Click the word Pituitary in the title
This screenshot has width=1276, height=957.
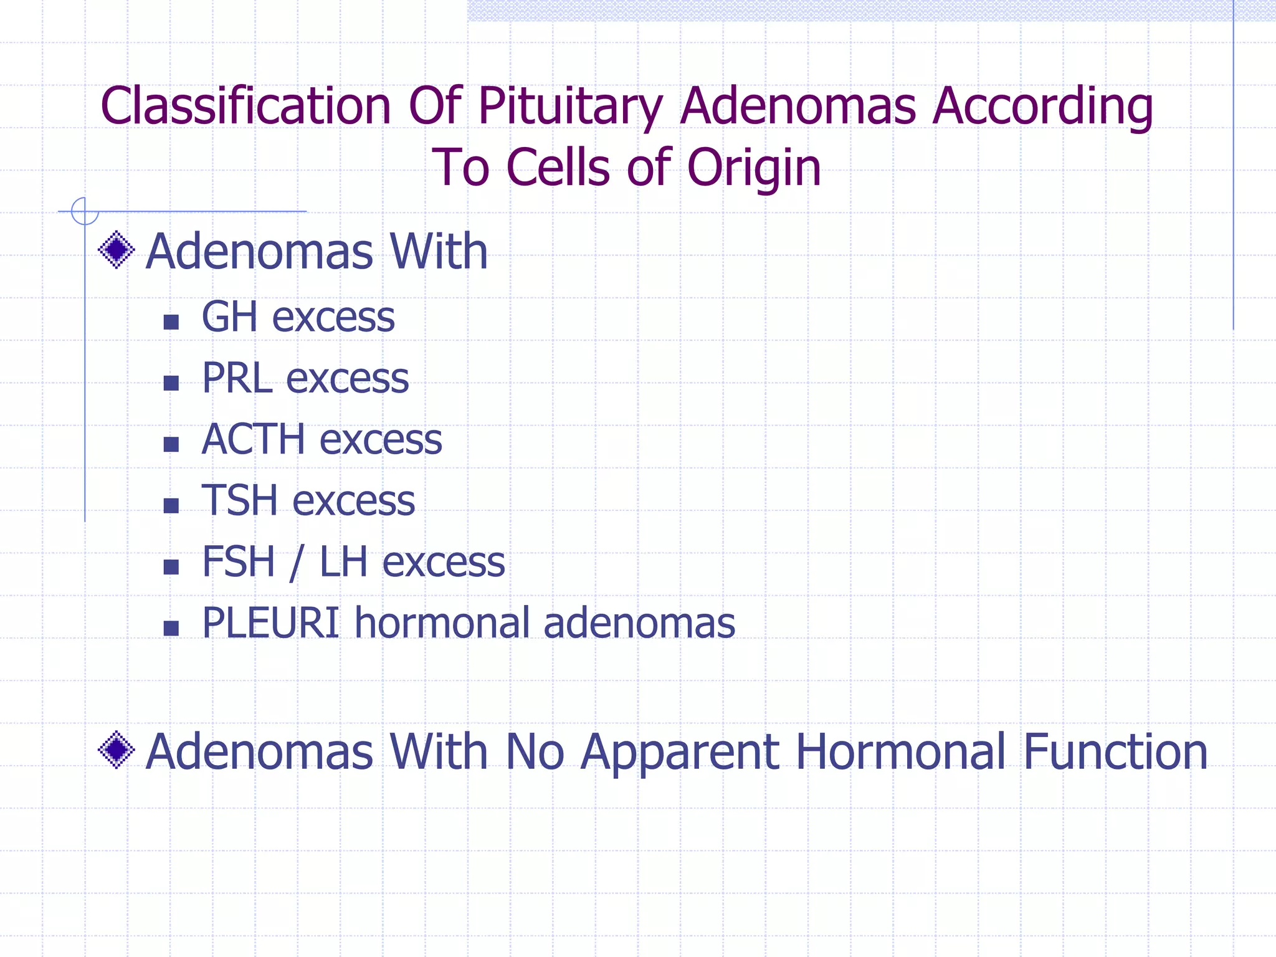coord(570,107)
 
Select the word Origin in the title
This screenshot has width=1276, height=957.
coord(754,168)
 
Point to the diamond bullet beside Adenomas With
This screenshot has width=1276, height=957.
coord(117,250)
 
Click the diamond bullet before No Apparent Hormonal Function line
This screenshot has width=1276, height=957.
coord(117,750)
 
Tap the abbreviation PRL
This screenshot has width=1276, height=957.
coord(237,378)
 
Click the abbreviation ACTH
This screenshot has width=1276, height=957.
coord(253,439)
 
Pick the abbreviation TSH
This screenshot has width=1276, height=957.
coord(239,500)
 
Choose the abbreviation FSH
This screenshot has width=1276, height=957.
coord(238,561)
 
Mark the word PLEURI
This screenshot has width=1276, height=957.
coord(270,622)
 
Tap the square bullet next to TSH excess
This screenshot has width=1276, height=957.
coord(171,505)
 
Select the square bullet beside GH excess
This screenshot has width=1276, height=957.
coord(171,322)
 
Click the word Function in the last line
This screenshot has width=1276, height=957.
coord(1115,751)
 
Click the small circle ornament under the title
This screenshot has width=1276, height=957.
coord(85,211)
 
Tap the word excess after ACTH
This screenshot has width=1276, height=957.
coord(381,440)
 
